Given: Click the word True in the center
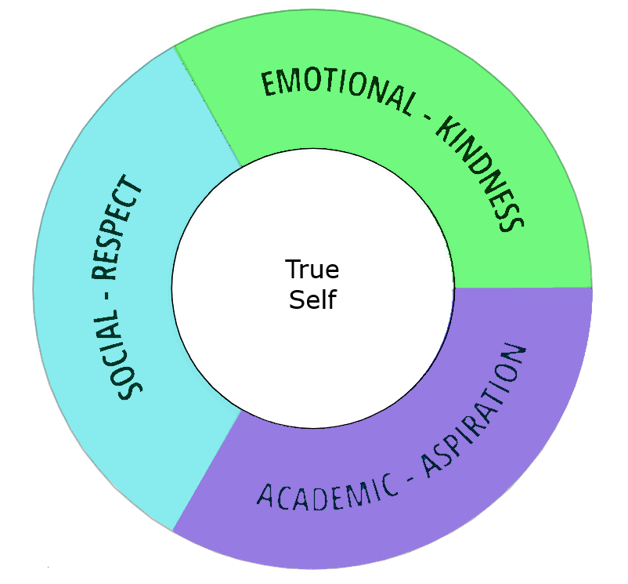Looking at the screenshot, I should click(x=312, y=270).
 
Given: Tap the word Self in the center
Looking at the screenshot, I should click(x=312, y=300).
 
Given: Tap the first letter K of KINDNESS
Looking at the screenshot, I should click(x=447, y=130).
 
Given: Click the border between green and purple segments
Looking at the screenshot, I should click(x=522, y=288).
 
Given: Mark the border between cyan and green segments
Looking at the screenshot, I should click(x=208, y=105).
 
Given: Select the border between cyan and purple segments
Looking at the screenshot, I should click(x=207, y=470).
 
